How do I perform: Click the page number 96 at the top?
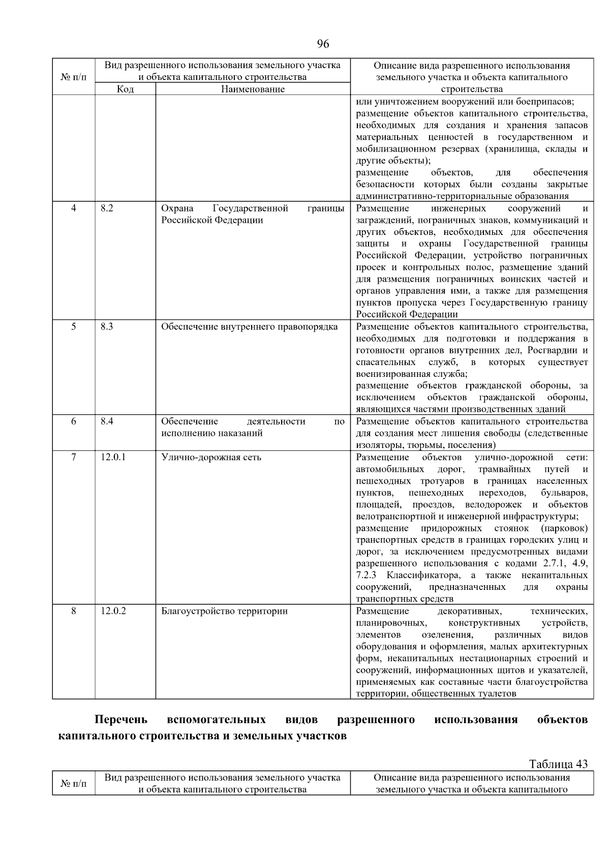click(323, 44)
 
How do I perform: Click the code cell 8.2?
click(107, 209)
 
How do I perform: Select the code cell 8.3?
click(107, 326)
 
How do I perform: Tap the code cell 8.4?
click(107, 421)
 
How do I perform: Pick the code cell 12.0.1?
click(113, 457)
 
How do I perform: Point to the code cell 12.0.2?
click(113, 611)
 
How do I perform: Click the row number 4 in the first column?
click(74, 209)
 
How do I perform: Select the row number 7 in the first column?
click(74, 457)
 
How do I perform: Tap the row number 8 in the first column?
click(74, 611)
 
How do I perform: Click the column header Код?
click(125, 89)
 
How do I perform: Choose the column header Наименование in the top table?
click(253, 89)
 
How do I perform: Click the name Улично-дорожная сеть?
click(211, 457)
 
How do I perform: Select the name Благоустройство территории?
click(224, 611)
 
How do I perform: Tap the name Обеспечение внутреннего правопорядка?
click(249, 326)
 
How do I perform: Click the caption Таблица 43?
click(558, 764)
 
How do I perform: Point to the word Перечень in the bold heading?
click(121, 720)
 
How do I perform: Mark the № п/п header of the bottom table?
click(74, 784)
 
